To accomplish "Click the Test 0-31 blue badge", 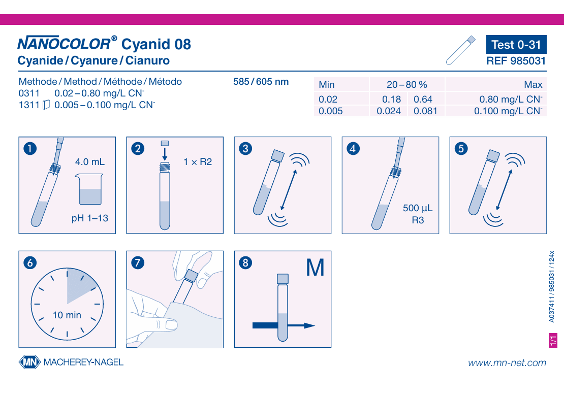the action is (516, 44).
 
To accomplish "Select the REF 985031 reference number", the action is (516, 61).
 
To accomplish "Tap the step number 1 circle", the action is (30, 148).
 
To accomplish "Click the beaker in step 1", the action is (89, 189).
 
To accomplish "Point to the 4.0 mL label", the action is (90, 161).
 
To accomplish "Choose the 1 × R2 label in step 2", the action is (198, 162).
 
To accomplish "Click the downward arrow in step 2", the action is (165, 153).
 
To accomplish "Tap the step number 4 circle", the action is (353, 148).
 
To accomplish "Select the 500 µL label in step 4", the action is (418, 208).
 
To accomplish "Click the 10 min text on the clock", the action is (67, 315).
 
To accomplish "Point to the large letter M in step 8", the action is (315, 268).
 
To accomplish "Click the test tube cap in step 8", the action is (283, 279).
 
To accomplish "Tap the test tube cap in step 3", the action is (278, 156).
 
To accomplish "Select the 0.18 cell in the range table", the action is (391, 99).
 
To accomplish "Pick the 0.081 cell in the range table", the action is (425, 111).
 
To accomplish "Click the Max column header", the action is (533, 84).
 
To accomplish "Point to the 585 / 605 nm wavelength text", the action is (261, 82).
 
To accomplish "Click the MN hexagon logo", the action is (29, 362).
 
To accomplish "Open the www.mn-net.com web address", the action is (507, 363).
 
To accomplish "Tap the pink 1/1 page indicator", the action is (553, 340).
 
